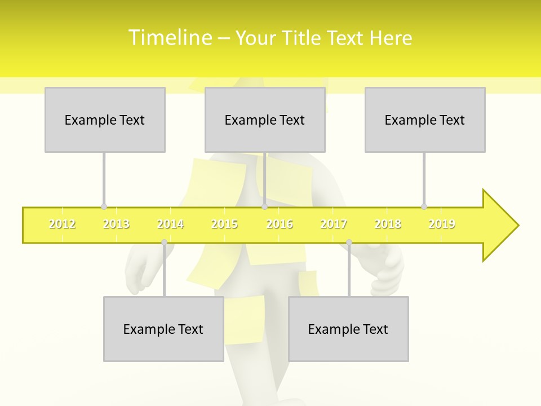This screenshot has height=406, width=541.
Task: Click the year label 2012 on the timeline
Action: coord(62,224)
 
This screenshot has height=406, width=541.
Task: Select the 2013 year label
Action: coord(116,224)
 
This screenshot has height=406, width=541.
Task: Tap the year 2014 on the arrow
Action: coord(170,224)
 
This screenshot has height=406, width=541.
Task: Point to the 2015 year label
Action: coord(224,224)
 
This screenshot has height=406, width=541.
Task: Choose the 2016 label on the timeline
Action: coord(280,224)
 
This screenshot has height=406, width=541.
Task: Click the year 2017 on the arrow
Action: coord(334,224)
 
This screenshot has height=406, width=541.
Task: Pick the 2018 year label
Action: coord(388,224)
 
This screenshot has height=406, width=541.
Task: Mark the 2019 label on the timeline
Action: coord(442,224)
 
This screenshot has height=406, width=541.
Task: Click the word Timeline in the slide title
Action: coord(170,38)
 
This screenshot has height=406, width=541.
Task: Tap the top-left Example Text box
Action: coord(105,120)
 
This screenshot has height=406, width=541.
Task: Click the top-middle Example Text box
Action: coord(265,120)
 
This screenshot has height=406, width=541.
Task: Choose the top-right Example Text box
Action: coord(425,120)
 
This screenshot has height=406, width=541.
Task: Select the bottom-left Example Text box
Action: coord(163,329)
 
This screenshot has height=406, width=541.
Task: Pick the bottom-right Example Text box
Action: coord(348,329)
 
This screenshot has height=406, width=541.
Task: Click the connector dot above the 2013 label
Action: coord(104,206)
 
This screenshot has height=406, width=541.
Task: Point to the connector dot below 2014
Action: coord(164,242)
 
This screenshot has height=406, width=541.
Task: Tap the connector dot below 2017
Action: coord(349,242)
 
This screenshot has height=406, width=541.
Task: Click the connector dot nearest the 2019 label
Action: coord(424,206)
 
